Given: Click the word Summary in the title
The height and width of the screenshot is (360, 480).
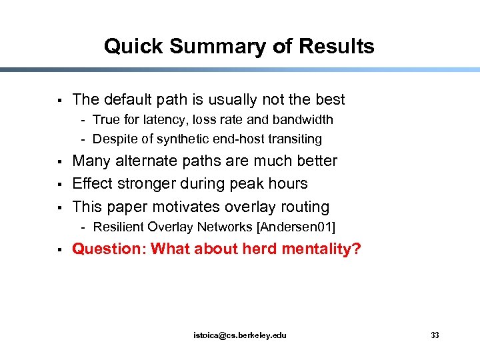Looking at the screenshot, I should click(x=199, y=47).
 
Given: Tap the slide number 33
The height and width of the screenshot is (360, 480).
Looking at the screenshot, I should click(x=435, y=335).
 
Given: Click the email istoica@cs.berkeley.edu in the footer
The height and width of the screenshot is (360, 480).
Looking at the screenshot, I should click(x=239, y=335).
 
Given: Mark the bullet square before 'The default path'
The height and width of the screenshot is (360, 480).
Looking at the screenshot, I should click(x=59, y=101).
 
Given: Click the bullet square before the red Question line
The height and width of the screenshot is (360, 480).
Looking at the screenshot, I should click(x=59, y=250).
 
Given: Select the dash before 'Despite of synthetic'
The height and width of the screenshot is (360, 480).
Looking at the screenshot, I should click(x=85, y=139).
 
